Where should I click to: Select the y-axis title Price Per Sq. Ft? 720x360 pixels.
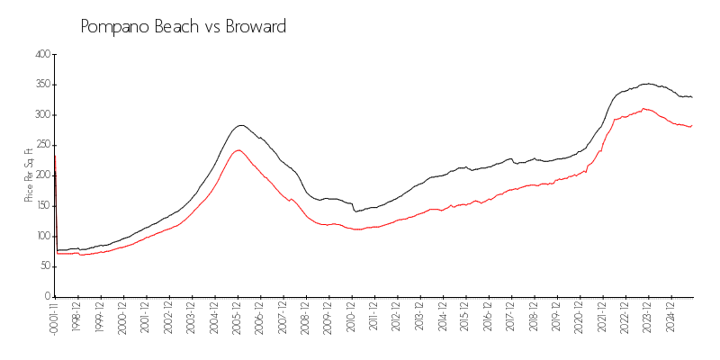(29, 175)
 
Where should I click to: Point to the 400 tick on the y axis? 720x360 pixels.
(41, 54)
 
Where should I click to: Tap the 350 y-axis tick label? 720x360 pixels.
(41, 85)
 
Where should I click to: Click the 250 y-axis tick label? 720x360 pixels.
(41, 145)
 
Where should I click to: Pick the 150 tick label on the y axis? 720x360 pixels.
(41, 205)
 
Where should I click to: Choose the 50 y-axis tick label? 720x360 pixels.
(43, 266)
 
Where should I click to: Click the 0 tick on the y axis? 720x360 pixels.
(47, 296)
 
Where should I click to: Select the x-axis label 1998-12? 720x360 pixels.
(78, 316)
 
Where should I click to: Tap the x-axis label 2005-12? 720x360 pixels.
(238, 316)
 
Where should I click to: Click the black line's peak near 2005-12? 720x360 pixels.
(240, 125)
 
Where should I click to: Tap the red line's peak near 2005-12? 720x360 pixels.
(237, 150)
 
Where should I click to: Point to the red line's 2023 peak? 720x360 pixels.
(643, 109)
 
